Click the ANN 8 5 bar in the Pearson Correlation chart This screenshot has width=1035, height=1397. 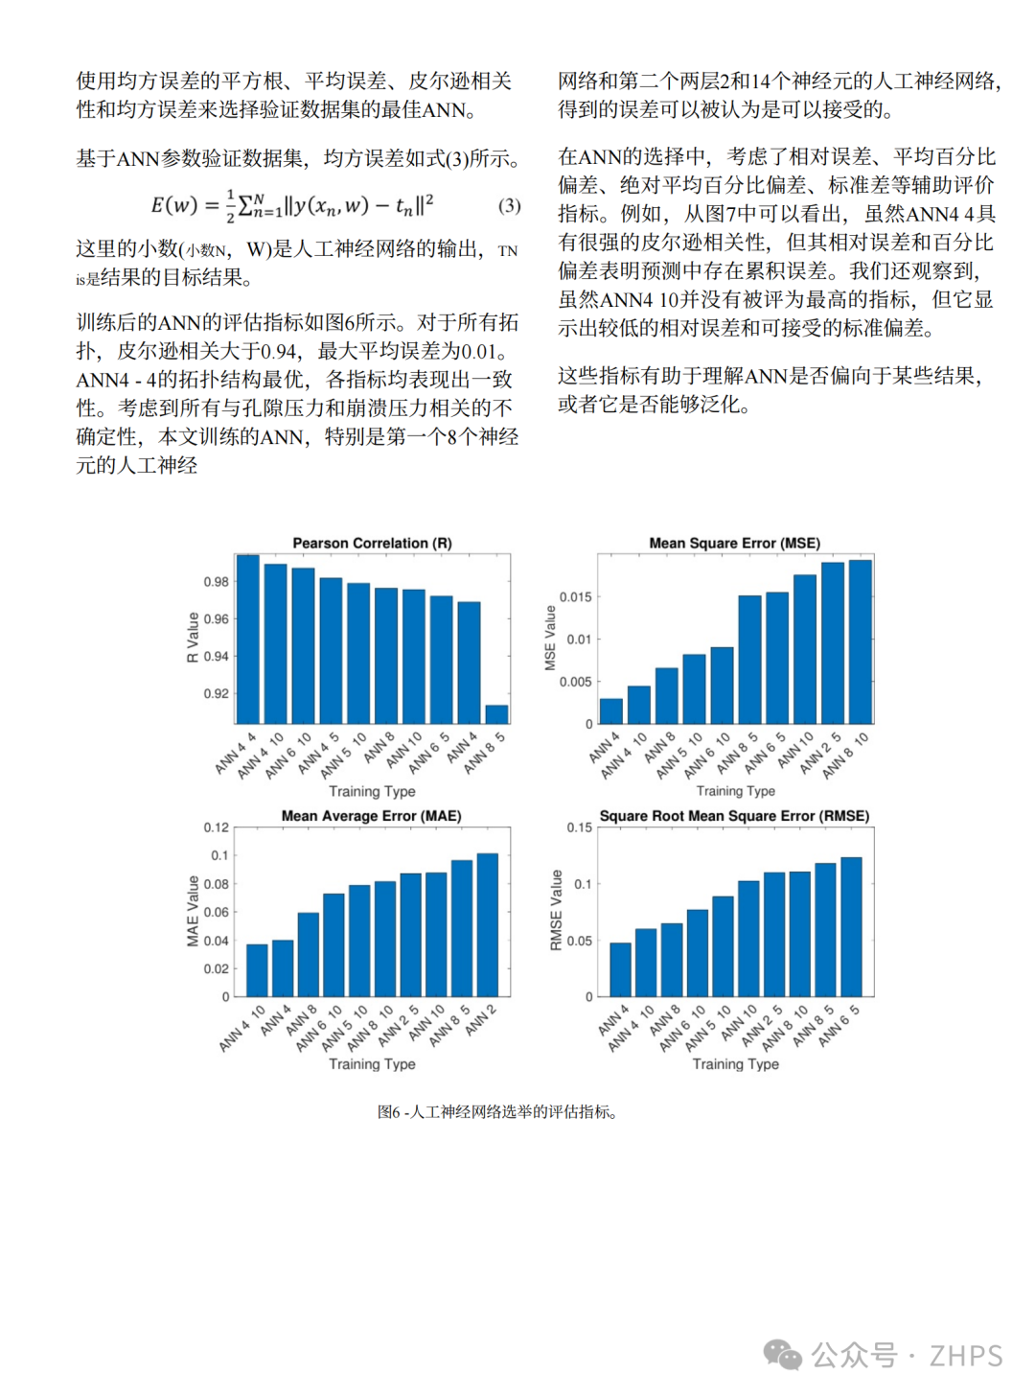pyautogui.click(x=496, y=714)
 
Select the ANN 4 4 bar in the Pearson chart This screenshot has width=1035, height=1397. pyautogui.click(x=247, y=640)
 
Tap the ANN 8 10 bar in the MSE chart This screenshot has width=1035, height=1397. pyautogui.click(x=860, y=641)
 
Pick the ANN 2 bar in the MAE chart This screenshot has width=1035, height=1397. pyautogui.click(x=487, y=925)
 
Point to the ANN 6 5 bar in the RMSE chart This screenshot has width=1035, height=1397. pyautogui.click(x=851, y=927)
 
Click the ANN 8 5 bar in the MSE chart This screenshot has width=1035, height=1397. pyautogui.click(x=749, y=660)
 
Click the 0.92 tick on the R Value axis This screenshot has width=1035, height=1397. pyautogui.click(x=216, y=693)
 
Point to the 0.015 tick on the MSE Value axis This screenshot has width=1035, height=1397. pyautogui.click(x=576, y=596)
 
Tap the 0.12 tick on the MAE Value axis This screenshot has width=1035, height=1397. pyautogui.click(x=216, y=827)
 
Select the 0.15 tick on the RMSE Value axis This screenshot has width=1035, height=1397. pyautogui.click(x=580, y=827)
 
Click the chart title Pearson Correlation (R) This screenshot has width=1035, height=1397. pyautogui.click(x=372, y=543)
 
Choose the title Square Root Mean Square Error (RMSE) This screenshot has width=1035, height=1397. pyautogui.click(x=734, y=816)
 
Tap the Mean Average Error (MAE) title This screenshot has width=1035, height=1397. pyautogui.click(x=372, y=816)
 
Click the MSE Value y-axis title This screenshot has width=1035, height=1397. pyautogui.click(x=550, y=638)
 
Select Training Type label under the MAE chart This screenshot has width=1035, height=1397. pyautogui.click(x=372, y=1064)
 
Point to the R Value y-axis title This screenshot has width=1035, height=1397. pyautogui.click(x=193, y=638)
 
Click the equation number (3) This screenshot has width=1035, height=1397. pyautogui.click(x=509, y=206)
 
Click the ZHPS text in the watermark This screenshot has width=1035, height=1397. pyautogui.click(x=966, y=1356)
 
